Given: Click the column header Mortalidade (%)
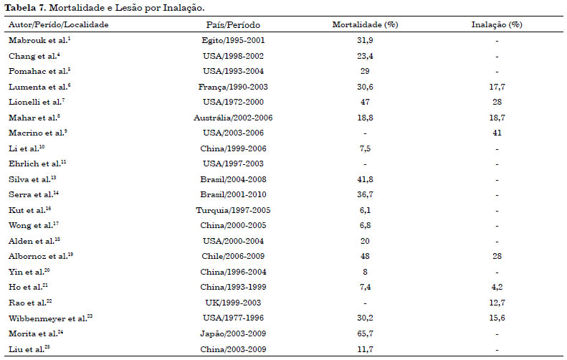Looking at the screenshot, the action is (365, 24).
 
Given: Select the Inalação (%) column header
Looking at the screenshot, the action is (497, 24).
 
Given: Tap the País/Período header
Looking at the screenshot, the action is (233, 24).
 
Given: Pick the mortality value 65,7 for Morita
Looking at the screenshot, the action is (365, 333).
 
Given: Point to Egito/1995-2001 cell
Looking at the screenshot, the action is (233, 40).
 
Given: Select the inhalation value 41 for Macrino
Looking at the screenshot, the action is (497, 133).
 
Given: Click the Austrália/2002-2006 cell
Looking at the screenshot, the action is (233, 118).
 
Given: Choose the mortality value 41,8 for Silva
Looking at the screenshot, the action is (365, 179).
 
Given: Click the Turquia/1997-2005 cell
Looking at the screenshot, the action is (233, 210).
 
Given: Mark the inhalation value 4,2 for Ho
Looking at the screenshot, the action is (497, 287).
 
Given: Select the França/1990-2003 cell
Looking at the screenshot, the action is (233, 87).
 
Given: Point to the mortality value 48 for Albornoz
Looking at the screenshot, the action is (365, 256).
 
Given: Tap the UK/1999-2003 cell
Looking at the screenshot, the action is (233, 303).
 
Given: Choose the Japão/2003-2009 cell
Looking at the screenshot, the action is (233, 333).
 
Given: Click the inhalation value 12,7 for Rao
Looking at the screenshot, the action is (497, 303).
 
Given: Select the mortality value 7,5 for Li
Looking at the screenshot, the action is (365, 148).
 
